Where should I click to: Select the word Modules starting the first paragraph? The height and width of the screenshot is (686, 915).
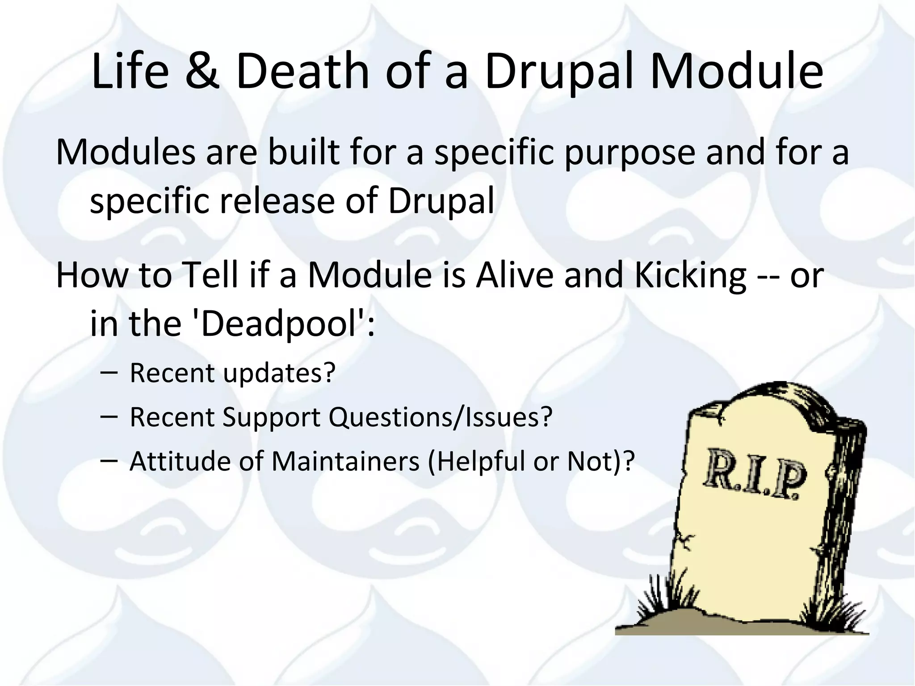126,152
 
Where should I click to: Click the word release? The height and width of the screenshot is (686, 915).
277,201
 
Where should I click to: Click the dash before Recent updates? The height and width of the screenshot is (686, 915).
109,372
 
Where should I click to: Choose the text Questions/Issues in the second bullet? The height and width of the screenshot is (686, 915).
441,417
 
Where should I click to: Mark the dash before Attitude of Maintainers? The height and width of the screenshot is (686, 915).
109,460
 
